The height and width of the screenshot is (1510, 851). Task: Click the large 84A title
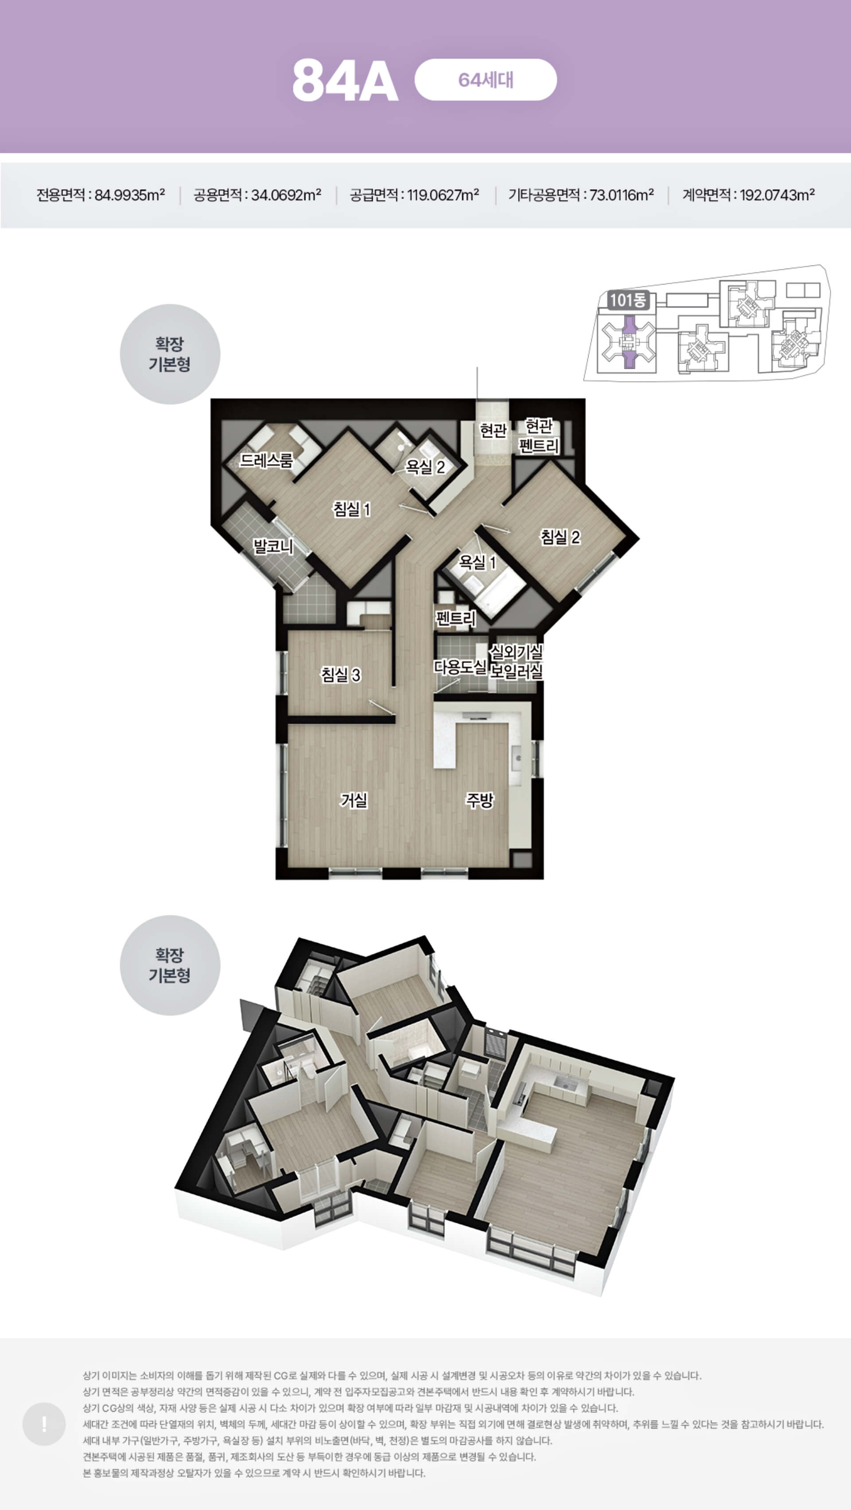[x=345, y=80]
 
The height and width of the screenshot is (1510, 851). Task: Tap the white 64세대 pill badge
[x=485, y=80]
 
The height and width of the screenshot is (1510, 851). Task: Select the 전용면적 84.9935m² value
[x=100, y=195]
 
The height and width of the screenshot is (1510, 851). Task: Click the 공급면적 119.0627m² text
[x=414, y=195]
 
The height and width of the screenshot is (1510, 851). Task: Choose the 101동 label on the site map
[x=628, y=300]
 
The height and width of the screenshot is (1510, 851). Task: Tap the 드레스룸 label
[x=267, y=460]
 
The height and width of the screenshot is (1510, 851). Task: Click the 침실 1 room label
[x=351, y=509]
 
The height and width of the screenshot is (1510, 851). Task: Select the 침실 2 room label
[x=560, y=537]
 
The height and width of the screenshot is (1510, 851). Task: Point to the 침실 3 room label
[x=340, y=675]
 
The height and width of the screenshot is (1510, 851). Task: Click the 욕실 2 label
[x=425, y=467]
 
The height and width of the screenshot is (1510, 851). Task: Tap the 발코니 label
[x=273, y=546]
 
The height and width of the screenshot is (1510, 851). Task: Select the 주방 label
[x=480, y=800]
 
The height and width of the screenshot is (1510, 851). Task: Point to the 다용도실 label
[x=460, y=667]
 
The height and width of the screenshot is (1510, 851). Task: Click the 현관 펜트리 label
[x=539, y=436]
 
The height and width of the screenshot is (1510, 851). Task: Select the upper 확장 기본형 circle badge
[x=170, y=354]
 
